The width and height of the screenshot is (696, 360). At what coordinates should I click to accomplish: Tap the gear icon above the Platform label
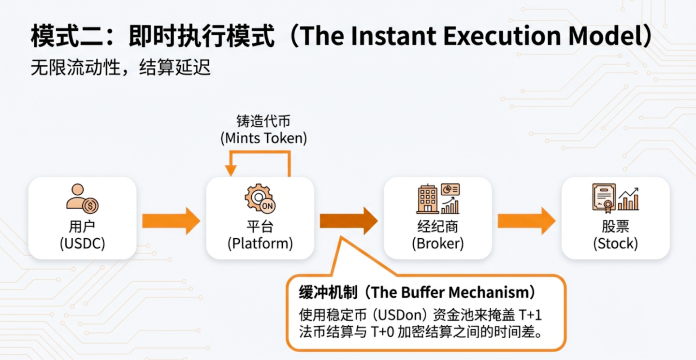260,198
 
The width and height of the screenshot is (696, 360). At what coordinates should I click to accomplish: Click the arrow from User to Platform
171,221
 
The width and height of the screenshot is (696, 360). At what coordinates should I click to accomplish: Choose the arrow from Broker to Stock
526,221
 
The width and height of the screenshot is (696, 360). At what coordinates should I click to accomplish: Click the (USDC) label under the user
82,243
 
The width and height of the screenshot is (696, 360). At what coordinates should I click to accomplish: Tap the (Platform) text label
260,243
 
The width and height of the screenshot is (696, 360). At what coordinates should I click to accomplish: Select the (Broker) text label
437,243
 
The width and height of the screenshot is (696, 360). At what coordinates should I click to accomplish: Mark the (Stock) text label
615,243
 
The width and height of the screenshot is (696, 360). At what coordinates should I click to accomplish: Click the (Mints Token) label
264,138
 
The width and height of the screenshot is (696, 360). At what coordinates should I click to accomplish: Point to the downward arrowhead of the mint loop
231,170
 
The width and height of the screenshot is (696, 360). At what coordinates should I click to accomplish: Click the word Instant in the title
396,37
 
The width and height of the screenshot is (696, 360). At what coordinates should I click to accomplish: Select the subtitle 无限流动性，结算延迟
121,68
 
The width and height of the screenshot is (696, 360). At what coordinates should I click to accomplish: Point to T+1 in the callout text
530,315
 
